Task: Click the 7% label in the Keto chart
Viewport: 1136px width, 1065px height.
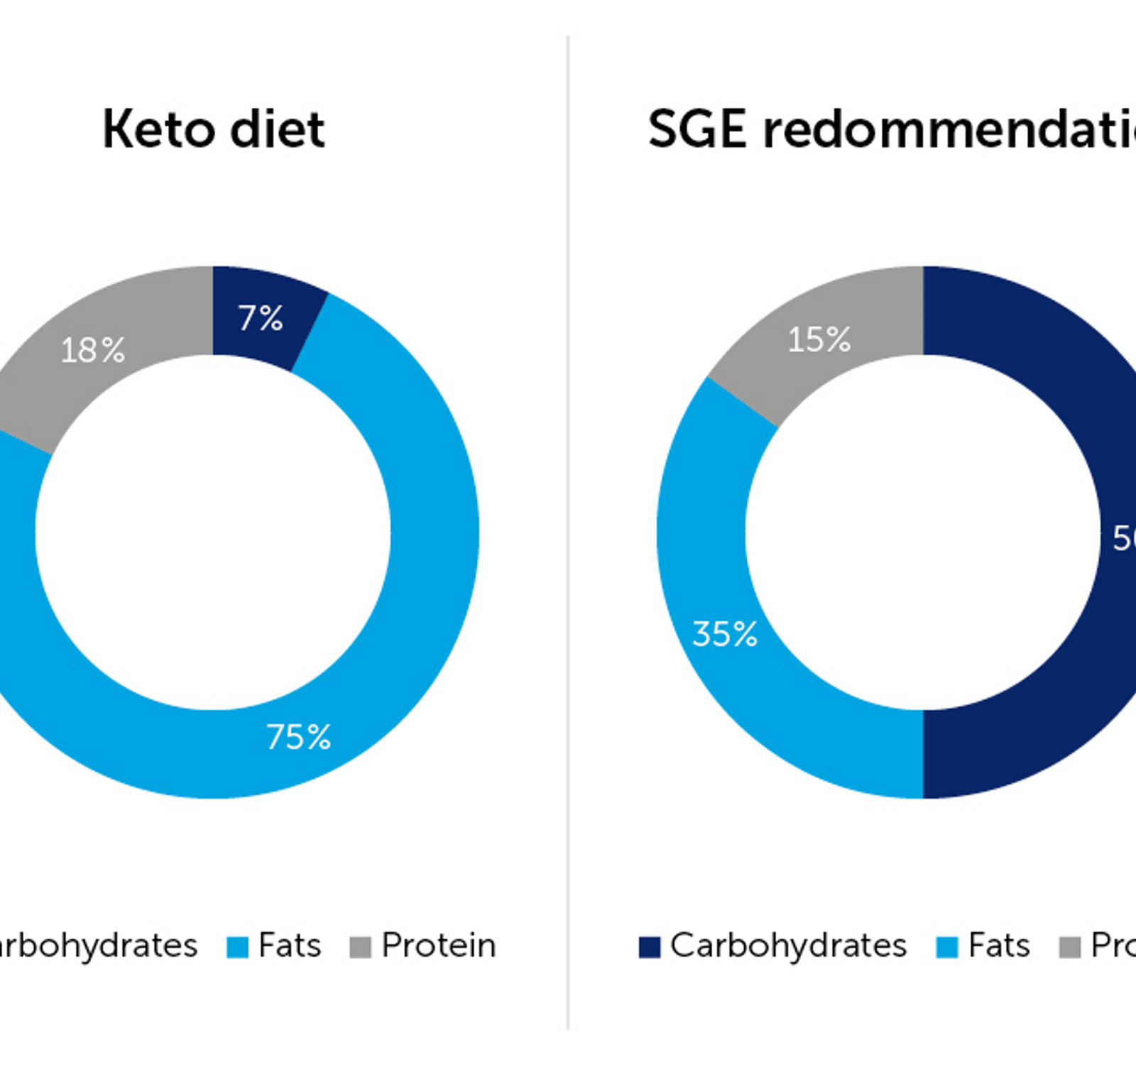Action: pyautogui.click(x=261, y=319)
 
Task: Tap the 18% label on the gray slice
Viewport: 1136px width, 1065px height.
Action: pyautogui.click(x=93, y=351)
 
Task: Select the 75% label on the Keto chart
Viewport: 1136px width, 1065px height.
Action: pyautogui.click(x=299, y=738)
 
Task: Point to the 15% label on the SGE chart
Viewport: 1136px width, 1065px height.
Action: pyautogui.click(x=819, y=340)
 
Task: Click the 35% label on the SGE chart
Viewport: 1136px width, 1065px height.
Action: pyautogui.click(x=725, y=635)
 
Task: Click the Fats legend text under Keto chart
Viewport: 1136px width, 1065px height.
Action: pyautogui.click(x=290, y=946)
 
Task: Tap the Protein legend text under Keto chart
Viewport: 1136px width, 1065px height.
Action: pyautogui.click(x=438, y=946)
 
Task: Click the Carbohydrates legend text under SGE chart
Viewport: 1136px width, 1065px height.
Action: pyautogui.click(x=788, y=946)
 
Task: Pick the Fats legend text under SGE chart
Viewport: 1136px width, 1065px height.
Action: pyautogui.click(x=999, y=946)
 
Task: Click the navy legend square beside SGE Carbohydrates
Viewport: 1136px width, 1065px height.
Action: pyautogui.click(x=650, y=947)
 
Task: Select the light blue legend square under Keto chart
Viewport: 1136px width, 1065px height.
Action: pyautogui.click(x=238, y=947)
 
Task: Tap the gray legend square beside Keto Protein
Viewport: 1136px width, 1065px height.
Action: pyautogui.click(x=361, y=947)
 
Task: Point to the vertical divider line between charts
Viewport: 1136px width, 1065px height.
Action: pyautogui.click(x=568, y=532)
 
